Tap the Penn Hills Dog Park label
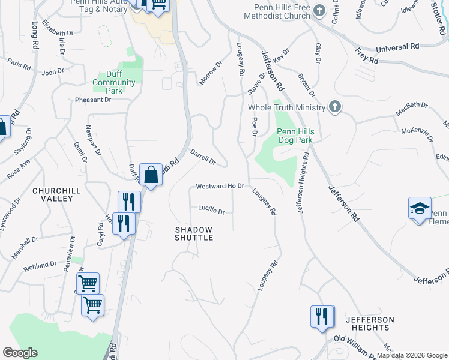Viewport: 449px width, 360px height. point(295,136)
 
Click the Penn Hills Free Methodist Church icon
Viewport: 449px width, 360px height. point(319,11)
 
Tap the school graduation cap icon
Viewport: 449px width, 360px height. point(420,208)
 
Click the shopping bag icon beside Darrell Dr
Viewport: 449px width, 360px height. point(151,175)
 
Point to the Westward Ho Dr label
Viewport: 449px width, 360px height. point(220,187)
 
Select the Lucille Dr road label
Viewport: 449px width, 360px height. point(211,211)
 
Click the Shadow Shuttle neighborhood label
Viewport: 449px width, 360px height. point(194,233)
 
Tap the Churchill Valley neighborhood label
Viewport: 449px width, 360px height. point(56,194)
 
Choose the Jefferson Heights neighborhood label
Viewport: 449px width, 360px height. point(370,323)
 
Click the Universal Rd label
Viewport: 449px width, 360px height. point(397,47)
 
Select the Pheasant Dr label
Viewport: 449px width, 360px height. point(93,100)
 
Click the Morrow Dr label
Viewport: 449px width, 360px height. point(211,73)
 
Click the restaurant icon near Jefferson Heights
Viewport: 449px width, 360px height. point(322,316)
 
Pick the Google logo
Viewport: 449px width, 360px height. point(19,353)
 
